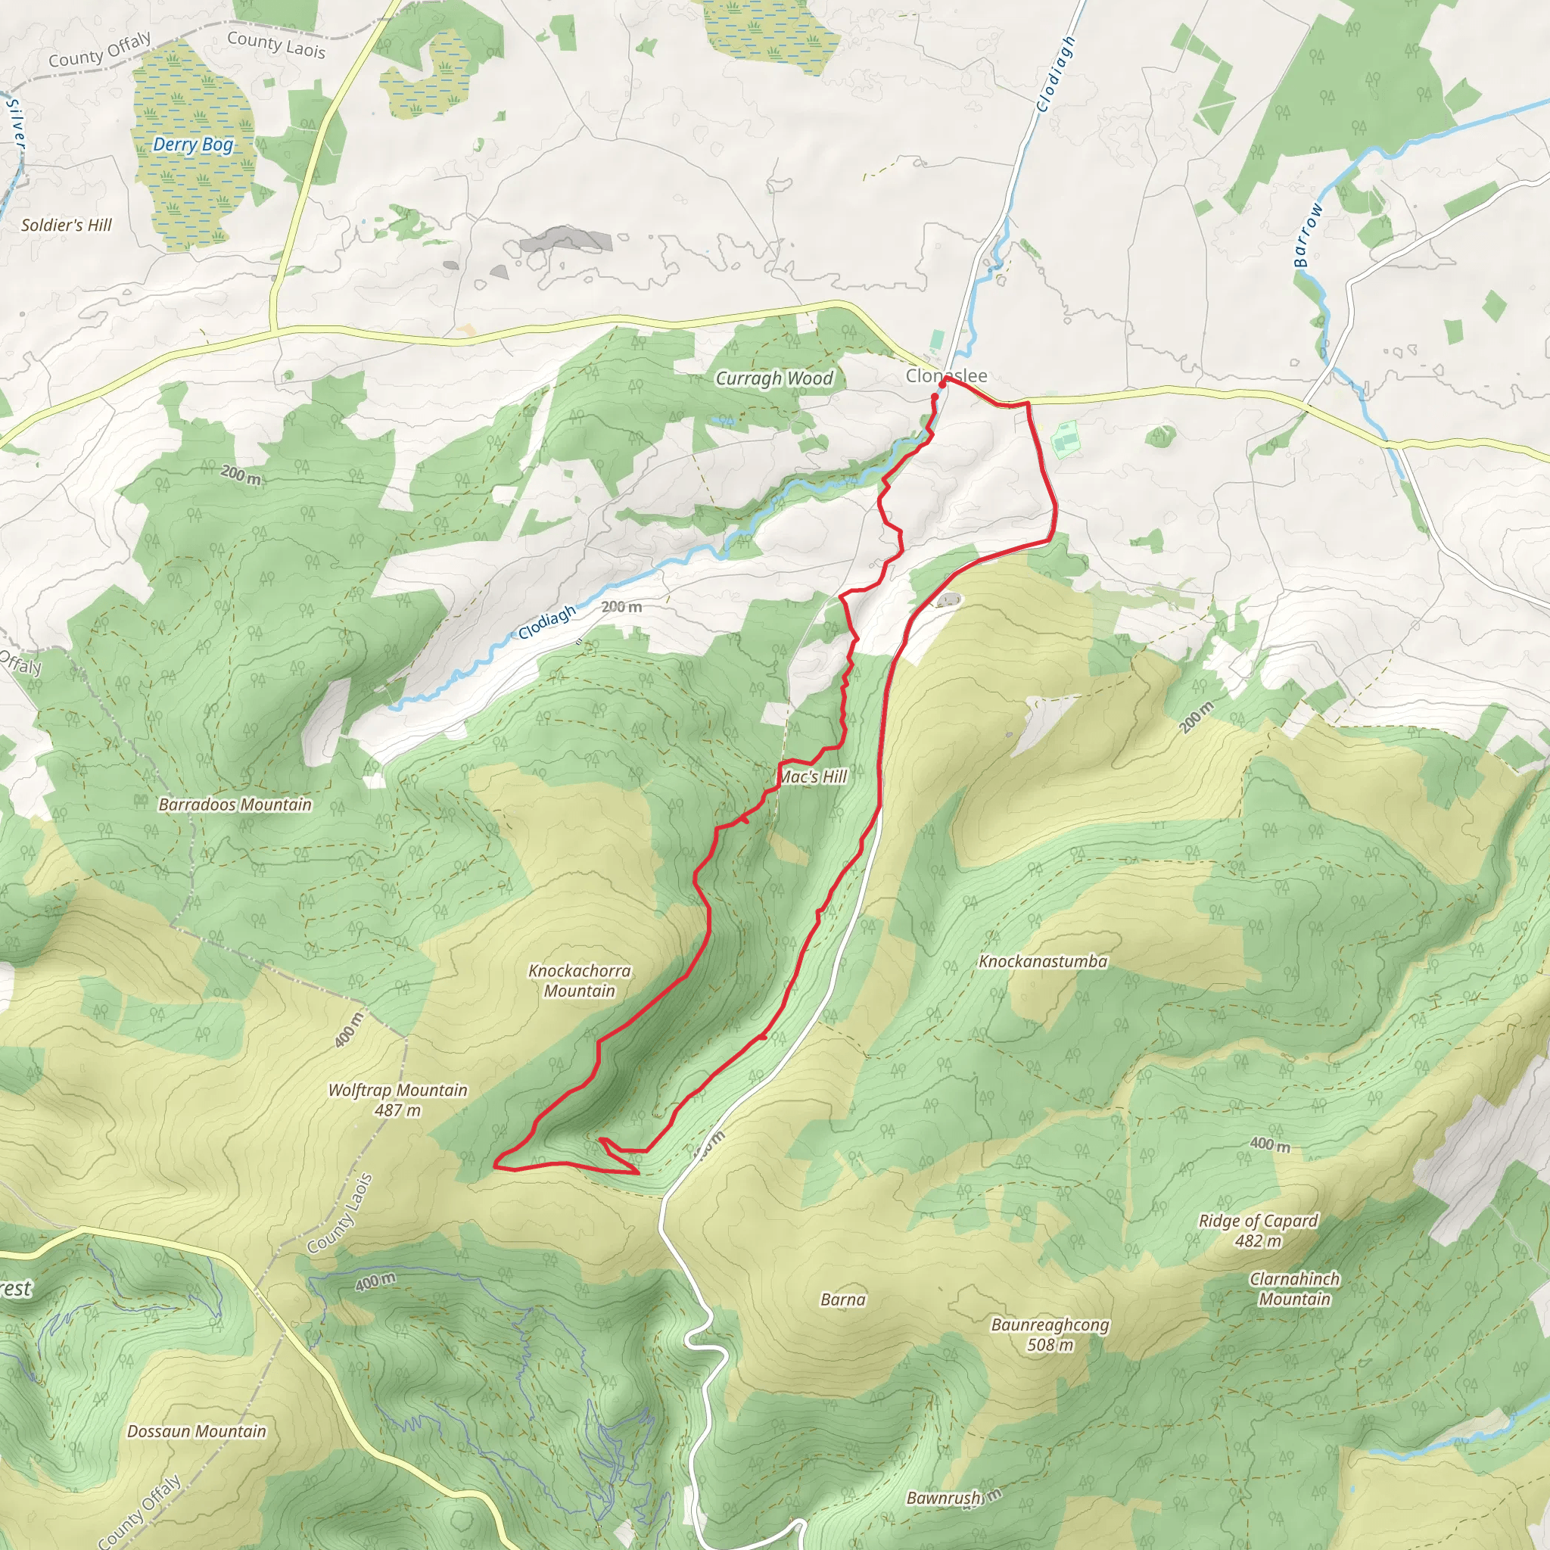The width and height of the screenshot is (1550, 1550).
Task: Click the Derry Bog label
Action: (x=192, y=145)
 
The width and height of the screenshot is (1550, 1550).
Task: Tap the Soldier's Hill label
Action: (x=67, y=226)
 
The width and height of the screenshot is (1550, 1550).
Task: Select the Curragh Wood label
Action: (x=774, y=378)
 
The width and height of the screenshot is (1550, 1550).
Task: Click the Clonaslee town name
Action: (x=946, y=375)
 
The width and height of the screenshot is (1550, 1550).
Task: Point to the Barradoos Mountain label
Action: (x=235, y=805)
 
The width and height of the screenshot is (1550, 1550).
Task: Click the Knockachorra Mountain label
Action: (x=579, y=980)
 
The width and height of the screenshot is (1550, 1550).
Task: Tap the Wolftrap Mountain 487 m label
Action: (x=397, y=1100)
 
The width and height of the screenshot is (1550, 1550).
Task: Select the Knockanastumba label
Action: (x=1042, y=961)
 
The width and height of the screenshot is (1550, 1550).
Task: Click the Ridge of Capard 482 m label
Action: (x=1258, y=1230)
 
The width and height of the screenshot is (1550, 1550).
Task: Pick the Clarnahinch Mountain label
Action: (x=1294, y=1288)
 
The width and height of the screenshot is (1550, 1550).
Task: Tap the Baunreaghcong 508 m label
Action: (x=1050, y=1334)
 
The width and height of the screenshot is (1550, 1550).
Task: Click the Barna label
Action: (x=842, y=1299)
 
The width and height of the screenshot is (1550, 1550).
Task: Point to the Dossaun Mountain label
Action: (x=197, y=1431)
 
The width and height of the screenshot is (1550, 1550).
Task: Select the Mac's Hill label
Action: (x=814, y=777)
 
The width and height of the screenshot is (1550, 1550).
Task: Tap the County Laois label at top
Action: (x=276, y=45)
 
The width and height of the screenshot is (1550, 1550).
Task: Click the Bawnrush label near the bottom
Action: (x=944, y=1498)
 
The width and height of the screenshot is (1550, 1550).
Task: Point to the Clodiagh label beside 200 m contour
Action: (x=547, y=622)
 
